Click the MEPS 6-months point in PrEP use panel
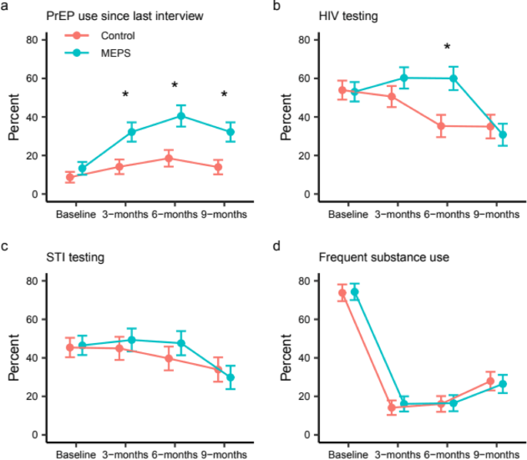pos(181,116)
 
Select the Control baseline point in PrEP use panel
pos(70,177)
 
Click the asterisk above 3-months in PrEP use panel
pos(125,95)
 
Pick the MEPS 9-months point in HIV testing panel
pos(503,135)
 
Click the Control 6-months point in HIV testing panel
pos(441,125)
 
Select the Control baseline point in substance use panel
pos(342,293)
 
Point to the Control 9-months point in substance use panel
pos(490,381)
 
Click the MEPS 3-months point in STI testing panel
pos(132,339)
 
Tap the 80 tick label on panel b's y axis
pos(305,40)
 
